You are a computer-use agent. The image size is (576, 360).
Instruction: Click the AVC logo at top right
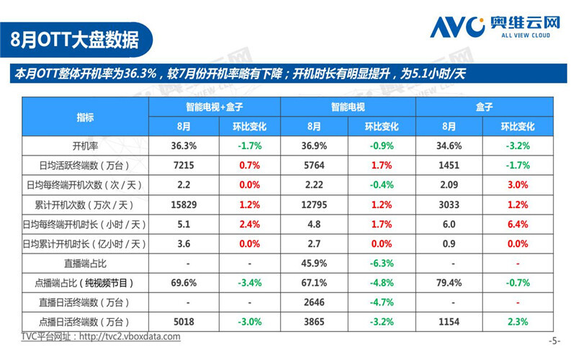pyautogui.click(x=495, y=27)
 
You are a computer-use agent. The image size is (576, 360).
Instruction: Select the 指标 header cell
pyautogui.click(x=85, y=117)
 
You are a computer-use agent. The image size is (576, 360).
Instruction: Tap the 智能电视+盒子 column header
pyautogui.click(x=214, y=107)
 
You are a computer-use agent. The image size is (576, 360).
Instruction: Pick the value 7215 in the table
pyautogui.click(x=183, y=165)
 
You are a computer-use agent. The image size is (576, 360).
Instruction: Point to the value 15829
pyautogui.click(x=183, y=204)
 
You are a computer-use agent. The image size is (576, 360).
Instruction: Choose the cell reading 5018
pyautogui.click(x=183, y=321)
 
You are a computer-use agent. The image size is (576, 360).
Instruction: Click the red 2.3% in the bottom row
pyautogui.click(x=518, y=321)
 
